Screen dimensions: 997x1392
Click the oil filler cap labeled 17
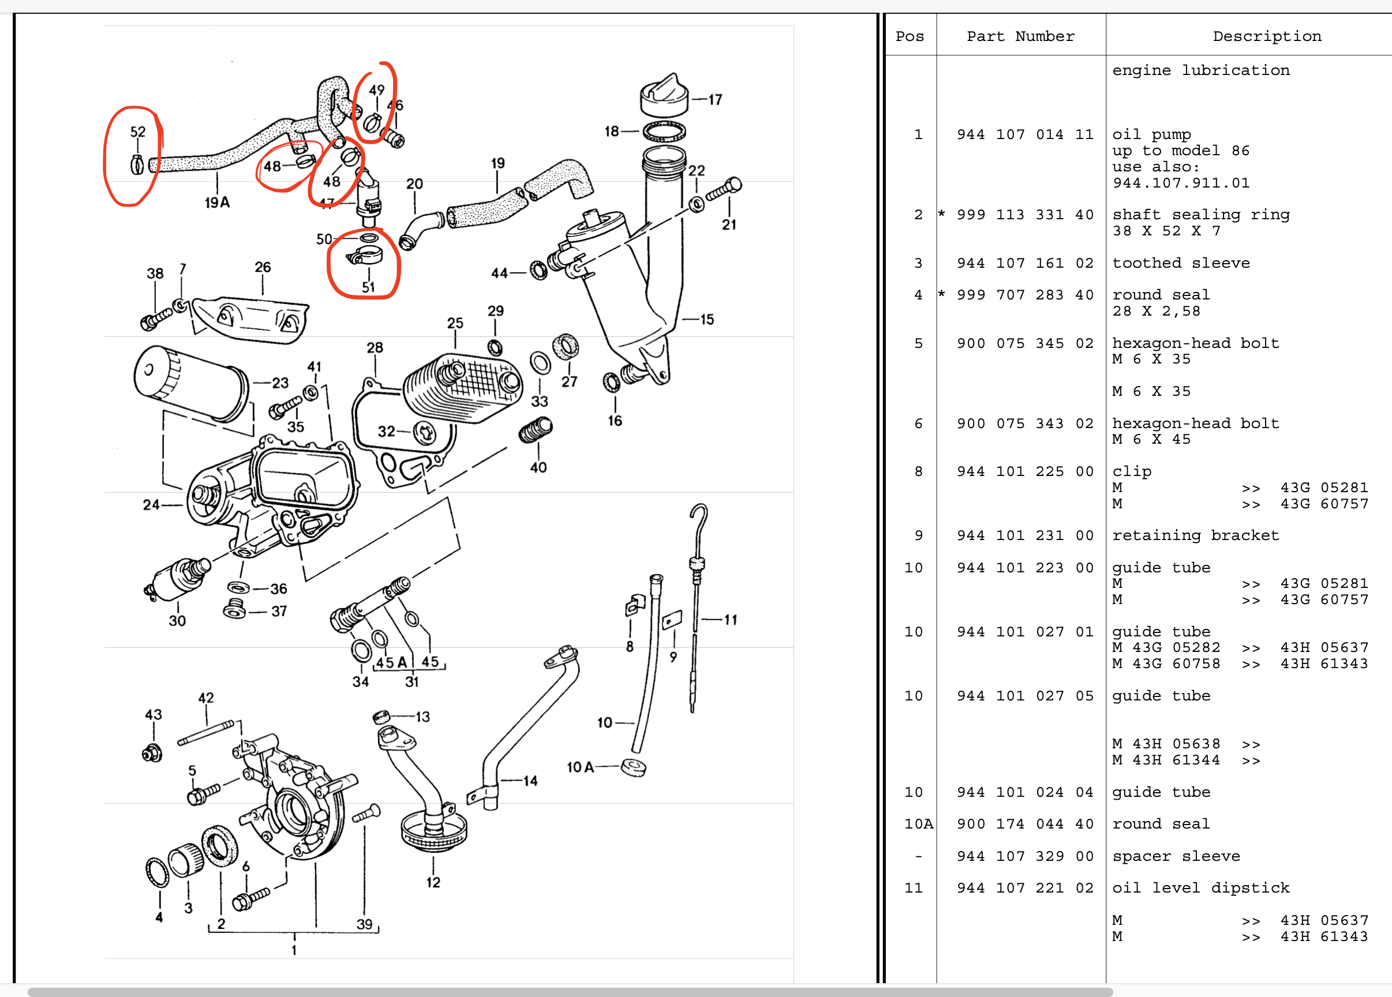click(x=664, y=98)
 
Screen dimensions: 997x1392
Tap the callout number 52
click(x=137, y=132)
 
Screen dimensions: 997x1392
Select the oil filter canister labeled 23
click(x=190, y=384)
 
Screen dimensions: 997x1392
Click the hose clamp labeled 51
click(x=365, y=255)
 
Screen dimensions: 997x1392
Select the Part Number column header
click(x=1020, y=36)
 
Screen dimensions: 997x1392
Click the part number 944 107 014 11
click(x=1024, y=134)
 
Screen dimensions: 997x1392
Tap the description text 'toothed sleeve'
click(x=1180, y=263)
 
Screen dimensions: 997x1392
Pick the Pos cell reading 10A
click(x=918, y=824)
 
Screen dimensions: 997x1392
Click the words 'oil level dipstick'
click(x=1200, y=888)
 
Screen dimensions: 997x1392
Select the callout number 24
click(x=151, y=504)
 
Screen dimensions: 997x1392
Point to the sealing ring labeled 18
click(x=664, y=132)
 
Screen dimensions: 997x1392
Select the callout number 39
click(x=364, y=924)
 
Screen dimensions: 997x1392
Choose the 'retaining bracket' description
click(x=1195, y=535)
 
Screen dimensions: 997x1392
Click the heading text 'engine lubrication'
click(x=1200, y=70)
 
